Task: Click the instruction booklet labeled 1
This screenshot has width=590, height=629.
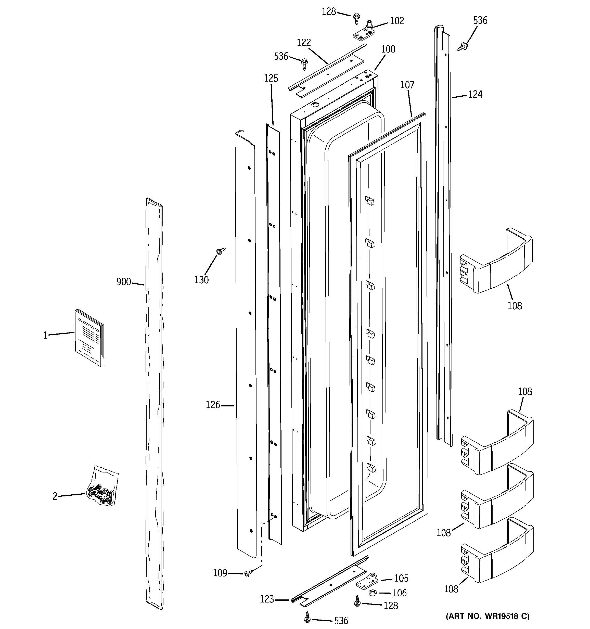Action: [x=89, y=338]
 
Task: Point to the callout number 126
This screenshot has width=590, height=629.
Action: [x=213, y=405]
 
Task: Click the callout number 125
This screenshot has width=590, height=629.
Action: [x=271, y=78]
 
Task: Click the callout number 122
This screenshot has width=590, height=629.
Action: [x=304, y=42]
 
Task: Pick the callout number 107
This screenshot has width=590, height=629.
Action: [x=407, y=85]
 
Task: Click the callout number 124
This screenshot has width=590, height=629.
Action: [x=475, y=94]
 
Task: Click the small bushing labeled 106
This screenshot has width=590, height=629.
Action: [x=372, y=593]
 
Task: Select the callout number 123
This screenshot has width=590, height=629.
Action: [x=267, y=599]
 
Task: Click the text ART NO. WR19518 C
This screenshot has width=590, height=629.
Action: [x=488, y=616]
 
